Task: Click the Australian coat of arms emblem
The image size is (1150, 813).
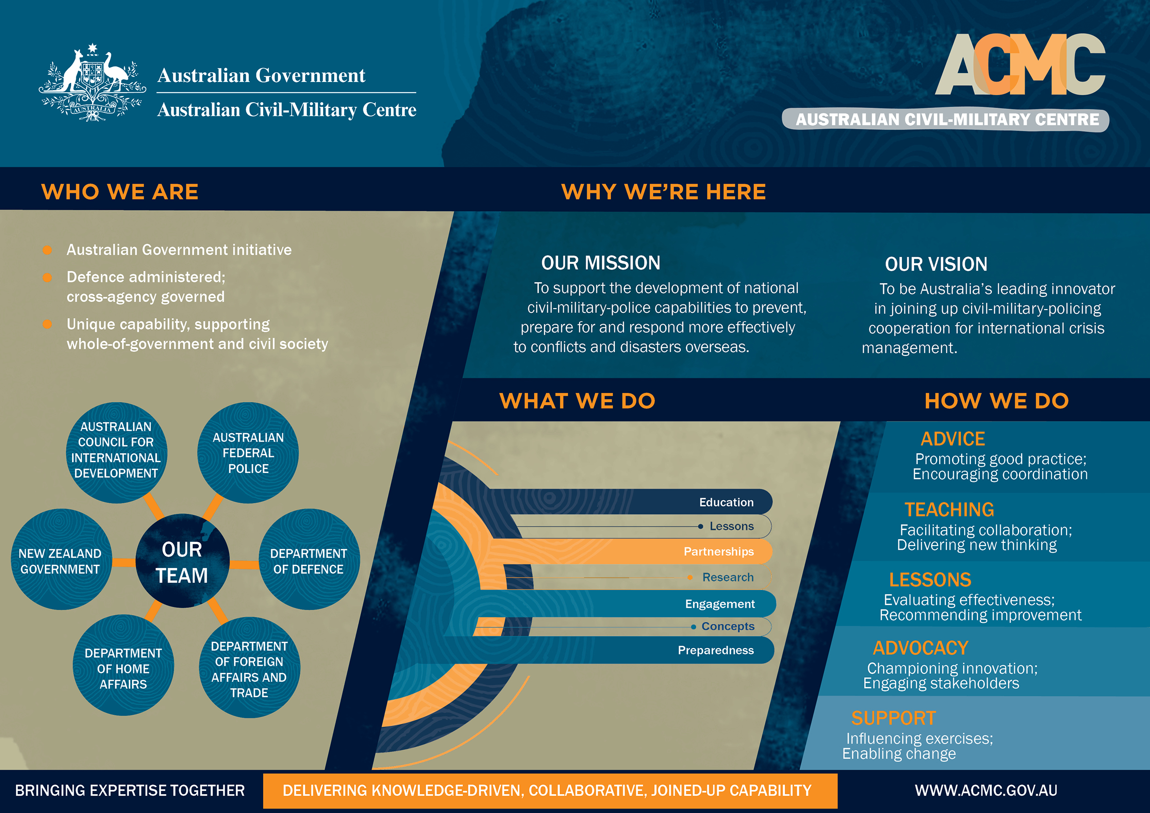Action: click(x=93, y=83)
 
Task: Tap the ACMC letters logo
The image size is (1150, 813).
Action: click(x=1020, y=65)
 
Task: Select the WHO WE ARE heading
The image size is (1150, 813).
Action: click(x=120, y=192)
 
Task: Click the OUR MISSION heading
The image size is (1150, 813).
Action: click(x=601, y=263)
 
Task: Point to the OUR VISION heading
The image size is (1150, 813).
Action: click(x=936, y=264)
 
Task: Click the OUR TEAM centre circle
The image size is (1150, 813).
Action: click(x=182, y=562)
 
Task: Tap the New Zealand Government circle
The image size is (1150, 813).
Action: click(x=60, y=561)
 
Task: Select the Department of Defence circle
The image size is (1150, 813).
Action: click(x=309, y=561)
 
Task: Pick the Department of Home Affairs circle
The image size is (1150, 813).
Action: click(x=123, y=668)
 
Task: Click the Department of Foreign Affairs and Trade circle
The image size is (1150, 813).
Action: click(x=249, y=669)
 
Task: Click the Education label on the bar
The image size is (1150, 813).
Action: click(x=726, y=502)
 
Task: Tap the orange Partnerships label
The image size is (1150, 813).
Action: click(x=718, y=552)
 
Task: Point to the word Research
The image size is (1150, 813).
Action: click(x=728, y=577)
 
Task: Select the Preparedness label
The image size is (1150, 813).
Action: click(x=716, y=650)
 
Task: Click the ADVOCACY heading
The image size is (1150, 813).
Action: click(x=920, y=648)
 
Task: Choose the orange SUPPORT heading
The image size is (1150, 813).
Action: click(x=893, y=718)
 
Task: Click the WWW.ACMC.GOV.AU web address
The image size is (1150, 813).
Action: click(x=986, y=791)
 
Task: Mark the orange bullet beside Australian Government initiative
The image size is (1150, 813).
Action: click(x=48, y=250)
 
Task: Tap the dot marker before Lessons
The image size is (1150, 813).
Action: click(x=700, y=526)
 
